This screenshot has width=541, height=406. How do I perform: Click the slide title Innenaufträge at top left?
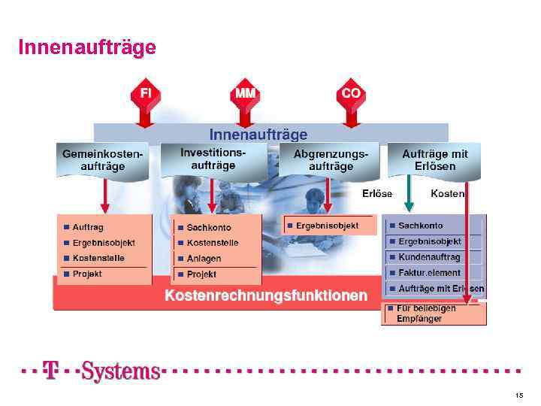(87, 47)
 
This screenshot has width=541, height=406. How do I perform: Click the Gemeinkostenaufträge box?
(103, 159)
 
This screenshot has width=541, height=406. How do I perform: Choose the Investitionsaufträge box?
(213, 159)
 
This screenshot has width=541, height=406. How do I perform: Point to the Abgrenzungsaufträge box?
(331, 159)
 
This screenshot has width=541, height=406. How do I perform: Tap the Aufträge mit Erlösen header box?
(435, 159)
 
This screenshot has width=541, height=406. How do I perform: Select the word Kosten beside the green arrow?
(447, 193)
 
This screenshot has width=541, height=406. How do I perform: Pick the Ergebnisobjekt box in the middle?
(328, 225)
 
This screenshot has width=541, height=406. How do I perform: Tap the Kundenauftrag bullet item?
(429, 257)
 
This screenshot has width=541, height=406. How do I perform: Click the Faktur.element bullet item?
(429, 273)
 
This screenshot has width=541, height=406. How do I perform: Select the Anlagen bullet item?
(204, 259)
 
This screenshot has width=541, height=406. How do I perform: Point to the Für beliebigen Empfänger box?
(433, 314)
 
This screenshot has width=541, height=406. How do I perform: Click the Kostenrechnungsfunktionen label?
(266, 295)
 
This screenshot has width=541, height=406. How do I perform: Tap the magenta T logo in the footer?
(50, 371)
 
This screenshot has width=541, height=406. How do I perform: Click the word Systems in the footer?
(120, 371)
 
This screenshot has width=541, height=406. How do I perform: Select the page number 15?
(519, 395)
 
